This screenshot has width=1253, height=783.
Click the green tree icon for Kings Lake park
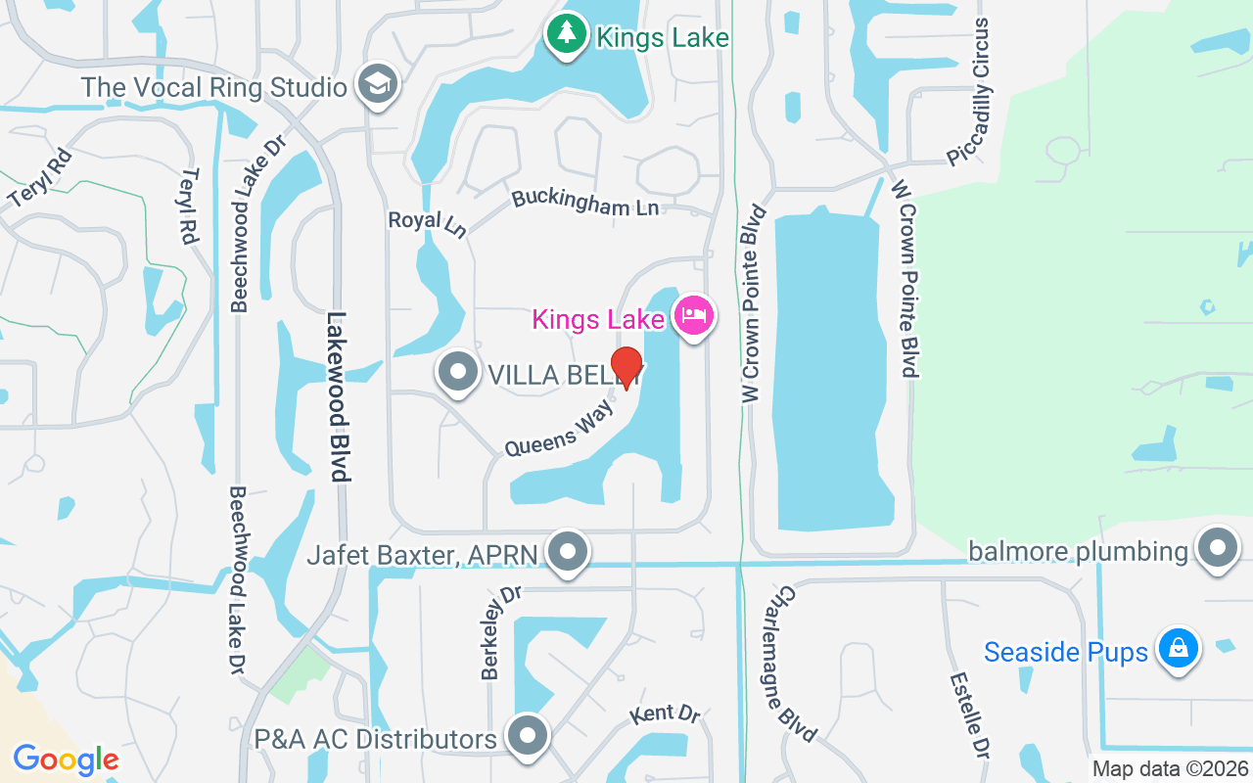click(x=566, y=36)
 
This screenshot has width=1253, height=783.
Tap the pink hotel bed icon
click(x=693, y=316)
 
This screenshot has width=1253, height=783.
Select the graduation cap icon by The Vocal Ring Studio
click(x=375, y=85)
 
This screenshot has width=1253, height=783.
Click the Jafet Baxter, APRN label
click(x=422, y=555)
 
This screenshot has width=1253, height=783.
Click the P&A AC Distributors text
click(x=375, y=738)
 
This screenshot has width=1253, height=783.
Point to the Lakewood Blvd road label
click(x=338, y=396)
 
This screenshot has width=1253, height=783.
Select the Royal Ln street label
click(x=427, y=223)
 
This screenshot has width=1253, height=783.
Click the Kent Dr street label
click(x=666, y=714)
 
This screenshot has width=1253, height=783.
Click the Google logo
click(x=66, y=759)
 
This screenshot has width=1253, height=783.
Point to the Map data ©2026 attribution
click(x=1170, y=768)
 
